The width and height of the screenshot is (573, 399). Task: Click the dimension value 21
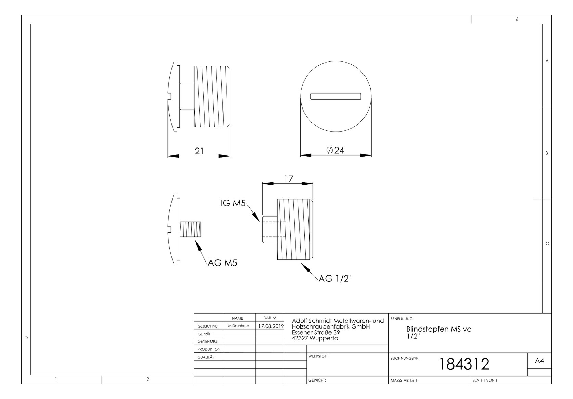[x=199, y=151]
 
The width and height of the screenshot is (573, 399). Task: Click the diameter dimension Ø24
[x=335, y=150]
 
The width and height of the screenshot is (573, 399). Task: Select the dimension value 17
[x=289, y=179]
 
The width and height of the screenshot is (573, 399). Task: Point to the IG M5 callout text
[x=233, y=203]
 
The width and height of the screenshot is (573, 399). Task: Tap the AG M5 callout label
[x=222, y=263]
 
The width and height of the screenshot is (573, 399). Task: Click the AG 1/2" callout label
[x=335, y=279]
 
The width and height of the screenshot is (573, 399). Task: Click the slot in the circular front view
[x=335, y=96]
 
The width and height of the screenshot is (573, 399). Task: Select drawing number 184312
[x=464, y=364]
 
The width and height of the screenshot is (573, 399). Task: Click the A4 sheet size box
[x=539, y=361]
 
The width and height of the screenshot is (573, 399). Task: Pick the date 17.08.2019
[x=271, y=326]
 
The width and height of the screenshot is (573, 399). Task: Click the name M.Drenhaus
[x=239, y=326]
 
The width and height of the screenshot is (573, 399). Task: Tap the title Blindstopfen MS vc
[x=438, y=329]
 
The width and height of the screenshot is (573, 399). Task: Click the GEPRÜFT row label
[x=205, y=334]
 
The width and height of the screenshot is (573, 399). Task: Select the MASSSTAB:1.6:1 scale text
[x=404, y=380]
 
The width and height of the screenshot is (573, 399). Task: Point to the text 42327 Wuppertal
[x=315, y=338]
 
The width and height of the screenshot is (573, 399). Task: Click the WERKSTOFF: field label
[x=319, y=356]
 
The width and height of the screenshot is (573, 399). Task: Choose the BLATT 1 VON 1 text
[x=485, y=380]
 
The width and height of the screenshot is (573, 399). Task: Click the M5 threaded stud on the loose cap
[x=191, y=230]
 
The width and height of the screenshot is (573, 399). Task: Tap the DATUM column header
[x=270, y=318]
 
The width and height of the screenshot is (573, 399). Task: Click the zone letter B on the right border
[x=547, y=153]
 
